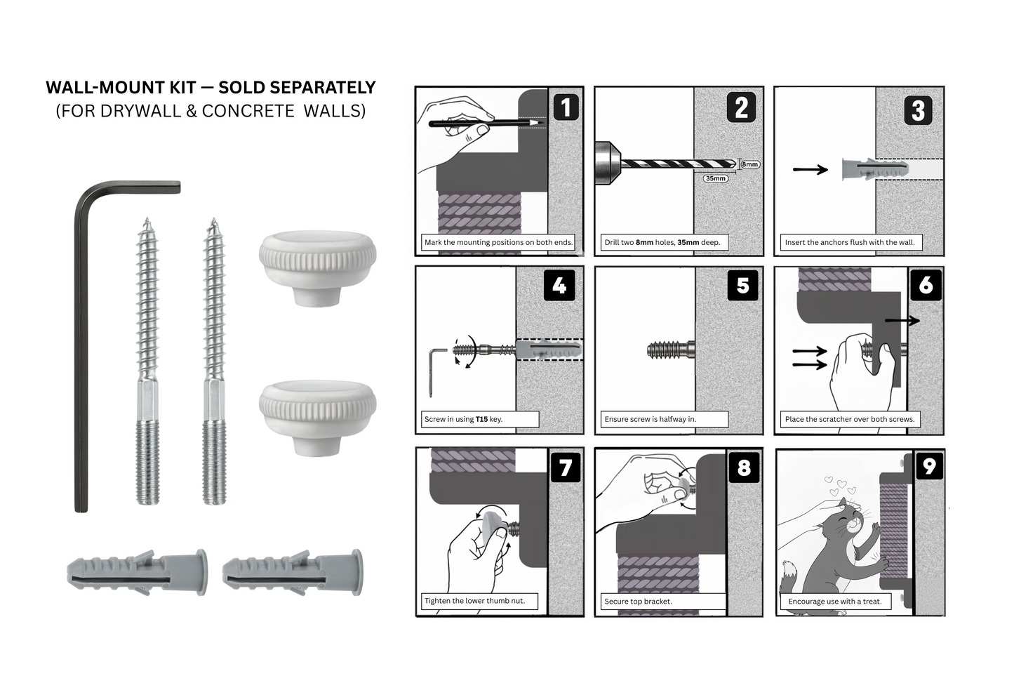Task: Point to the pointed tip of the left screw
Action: coord(147,223)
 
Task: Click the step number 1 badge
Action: coord(566,107)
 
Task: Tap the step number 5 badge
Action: coord(743,286)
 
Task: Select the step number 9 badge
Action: coord(929,466)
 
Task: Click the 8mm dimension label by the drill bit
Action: coord(749,164)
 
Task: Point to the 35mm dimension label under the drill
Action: coord(715,178)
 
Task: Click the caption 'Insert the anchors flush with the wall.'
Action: coord(849,242)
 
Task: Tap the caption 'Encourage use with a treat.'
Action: coord(834,601)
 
